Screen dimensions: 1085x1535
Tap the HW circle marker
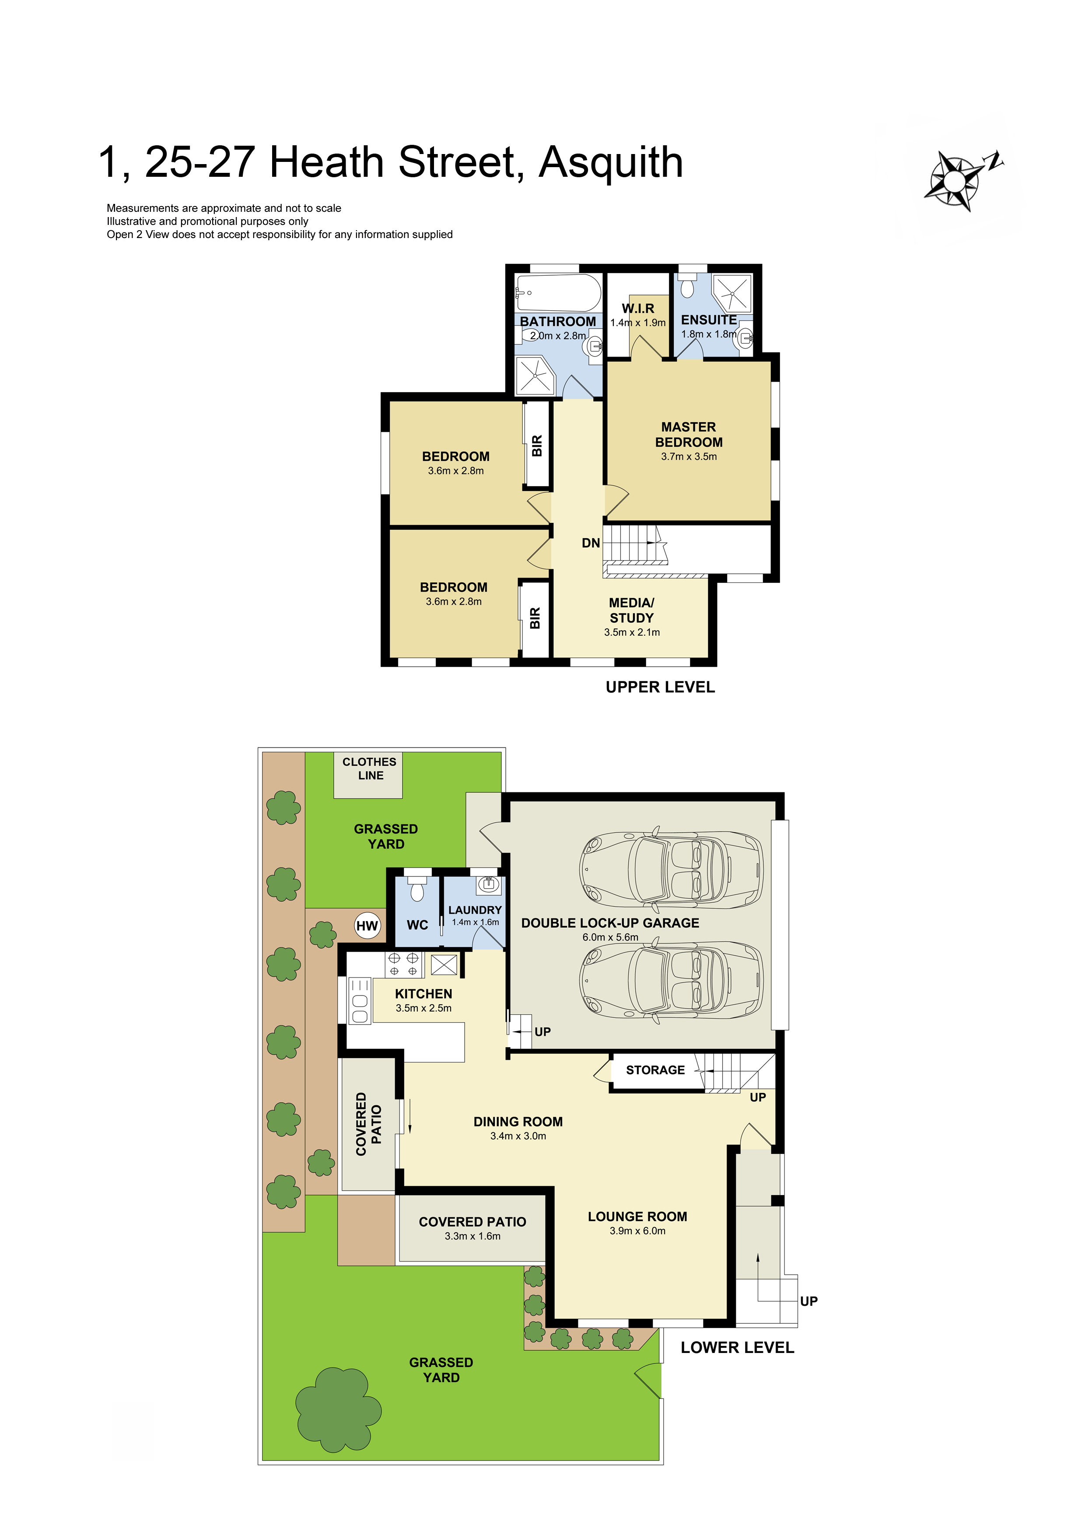pos(367,926)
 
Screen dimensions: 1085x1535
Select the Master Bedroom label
pos(689,435)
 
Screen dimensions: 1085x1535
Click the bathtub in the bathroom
pos(558,292)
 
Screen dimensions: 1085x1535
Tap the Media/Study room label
pos(632,610)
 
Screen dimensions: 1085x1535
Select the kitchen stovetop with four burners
pos(404,965)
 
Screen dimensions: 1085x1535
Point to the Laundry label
pos(475,910)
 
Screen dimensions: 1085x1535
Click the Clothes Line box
pos(368,775)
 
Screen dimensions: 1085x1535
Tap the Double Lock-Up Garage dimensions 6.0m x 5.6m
pos(610,937)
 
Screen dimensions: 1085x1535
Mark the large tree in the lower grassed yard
pos(338,1411)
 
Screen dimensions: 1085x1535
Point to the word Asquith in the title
pos(611,164)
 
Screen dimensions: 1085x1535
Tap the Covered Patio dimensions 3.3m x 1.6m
pos(472,1236)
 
